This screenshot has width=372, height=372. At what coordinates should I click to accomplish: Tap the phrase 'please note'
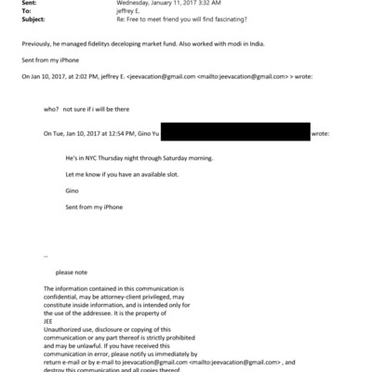pos(73,272)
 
